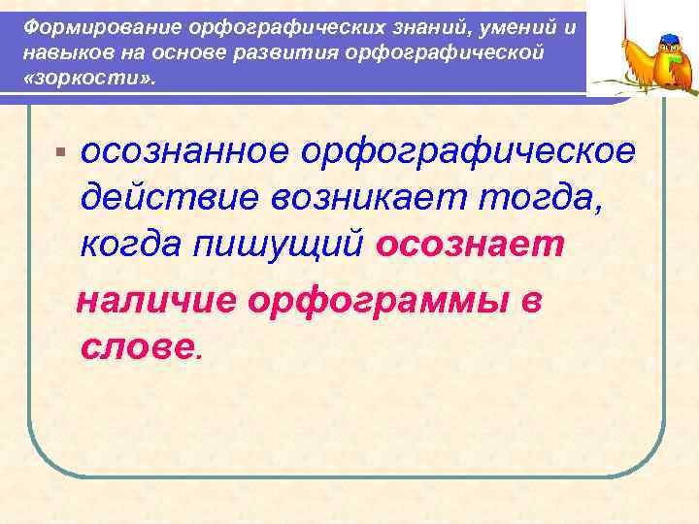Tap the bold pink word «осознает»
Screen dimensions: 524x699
469,245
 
